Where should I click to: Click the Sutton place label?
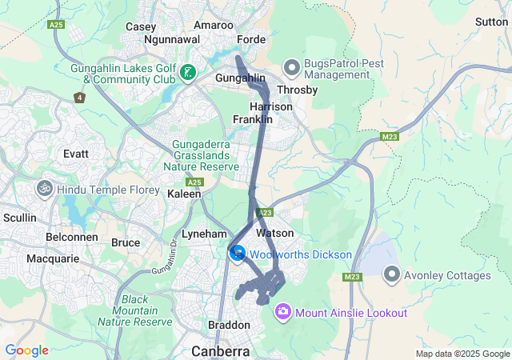pos(490,22)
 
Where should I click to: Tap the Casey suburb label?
pos(141,26)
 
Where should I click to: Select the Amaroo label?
pos(213,26)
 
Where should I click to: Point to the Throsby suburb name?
pos(297,90)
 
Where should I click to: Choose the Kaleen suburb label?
pos(184,194)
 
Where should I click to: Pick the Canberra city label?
pos(220,350)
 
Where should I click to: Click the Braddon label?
pos(230,326)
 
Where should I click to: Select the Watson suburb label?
pos(276,233)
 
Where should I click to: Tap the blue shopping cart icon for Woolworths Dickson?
pos(238,254)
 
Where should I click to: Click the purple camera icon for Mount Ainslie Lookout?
pos(282,311)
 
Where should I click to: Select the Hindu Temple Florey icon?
pos(44,189)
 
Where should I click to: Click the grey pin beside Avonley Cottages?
pos(392,274)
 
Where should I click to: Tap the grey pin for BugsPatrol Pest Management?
pos(292,68)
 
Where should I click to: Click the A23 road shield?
pos(266,213)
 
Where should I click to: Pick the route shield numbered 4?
pos(79,98)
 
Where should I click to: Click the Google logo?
pos(26,350)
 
